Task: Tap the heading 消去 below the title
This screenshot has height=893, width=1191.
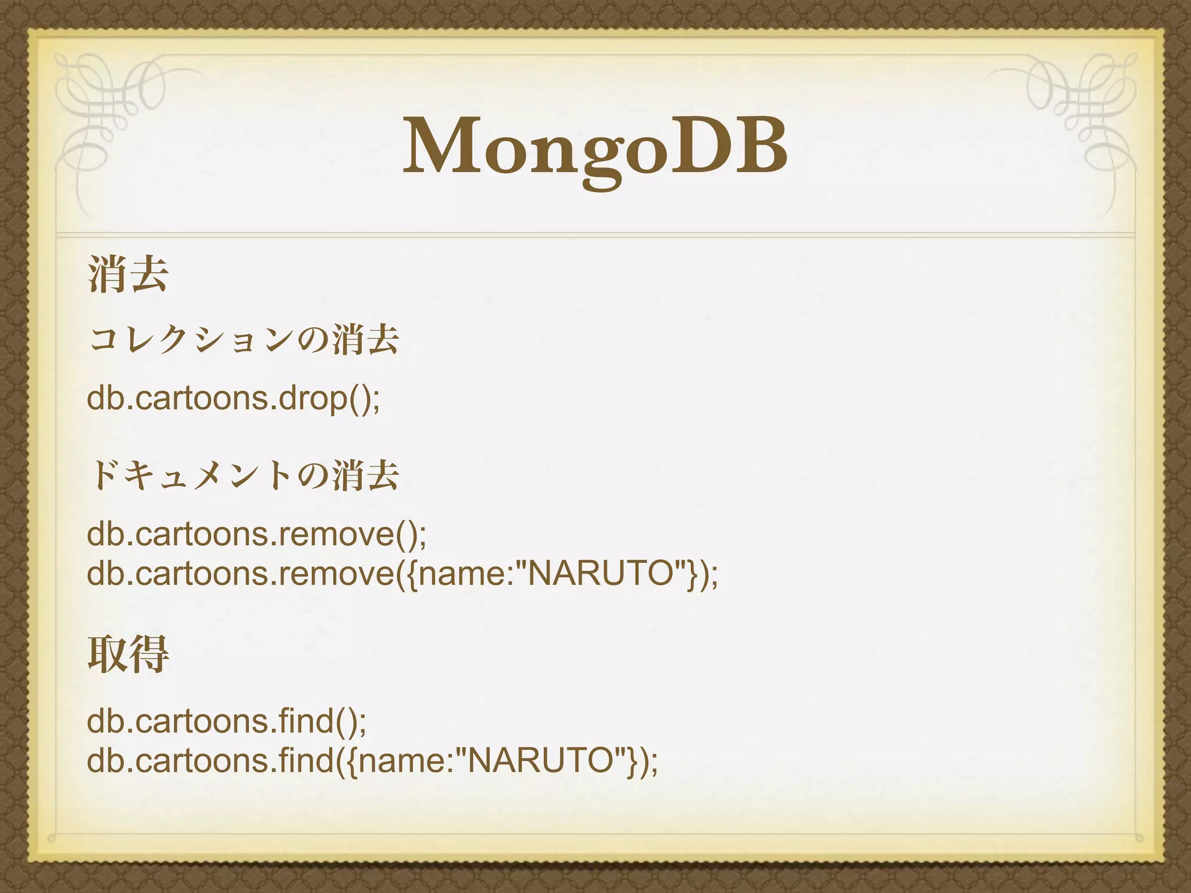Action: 129,274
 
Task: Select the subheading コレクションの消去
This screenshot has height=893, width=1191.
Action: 244,340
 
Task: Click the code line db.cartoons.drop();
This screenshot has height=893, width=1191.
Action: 233,399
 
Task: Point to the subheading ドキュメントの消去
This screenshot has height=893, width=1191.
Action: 244,476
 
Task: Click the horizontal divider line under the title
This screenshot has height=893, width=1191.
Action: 595,234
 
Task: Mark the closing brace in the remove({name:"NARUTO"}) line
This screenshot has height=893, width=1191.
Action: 692,574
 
